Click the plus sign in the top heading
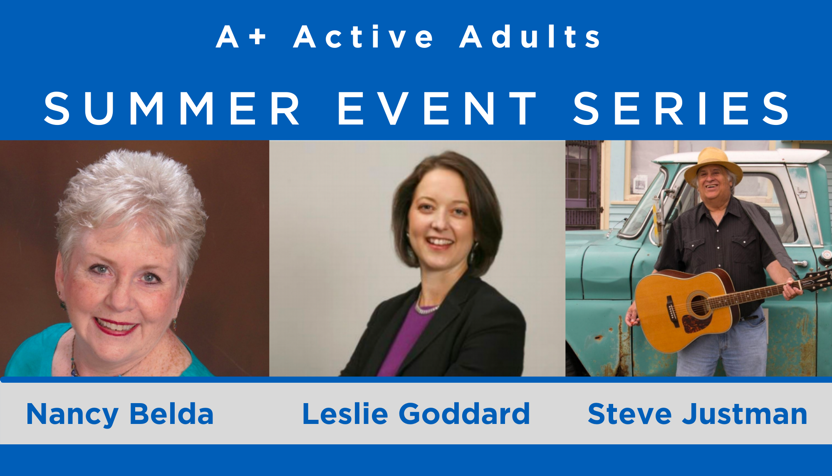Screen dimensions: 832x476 pos(258,36)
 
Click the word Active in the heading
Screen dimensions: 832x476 pos(363,36)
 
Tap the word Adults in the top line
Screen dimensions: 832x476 pos(530,36)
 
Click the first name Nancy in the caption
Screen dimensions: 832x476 pos(72,415)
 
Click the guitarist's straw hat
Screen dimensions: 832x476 pos(713,165)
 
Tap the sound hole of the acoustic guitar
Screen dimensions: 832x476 pos(698,304)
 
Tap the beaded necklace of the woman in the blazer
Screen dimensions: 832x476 pos(426,308)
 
